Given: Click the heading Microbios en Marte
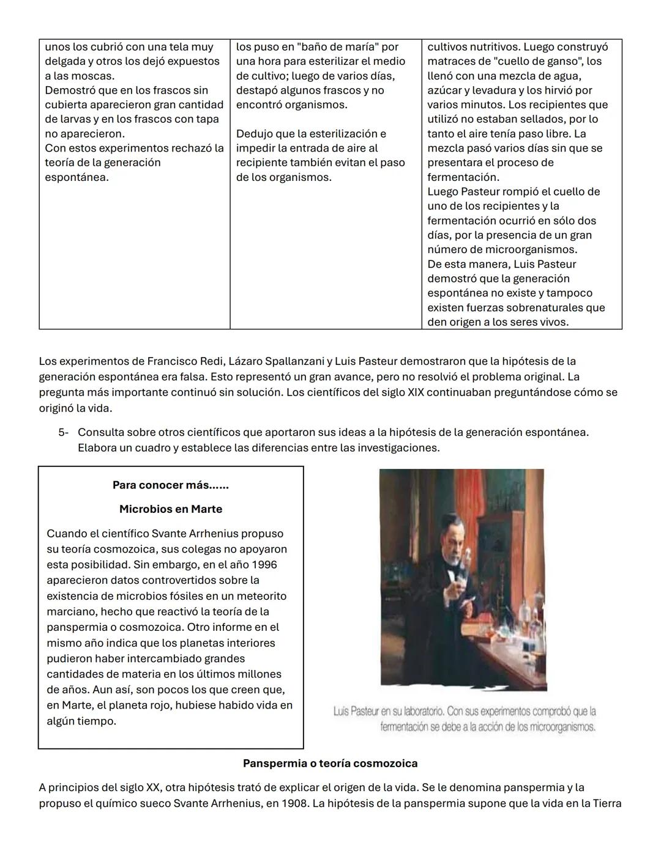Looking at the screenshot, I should click(171, 509).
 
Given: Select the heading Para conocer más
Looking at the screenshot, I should click(170, 485).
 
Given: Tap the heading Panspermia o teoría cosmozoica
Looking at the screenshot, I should click(330, 764).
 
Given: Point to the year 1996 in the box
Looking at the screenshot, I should click(264, 565).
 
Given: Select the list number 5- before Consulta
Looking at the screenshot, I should click(64, 433).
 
